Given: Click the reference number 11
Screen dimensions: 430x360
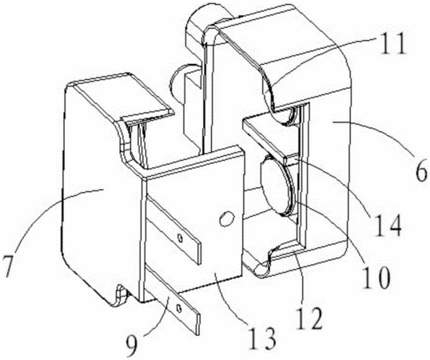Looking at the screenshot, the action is click(x=392, y=44).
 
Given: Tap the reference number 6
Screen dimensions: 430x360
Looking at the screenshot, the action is click(x=421, y=172).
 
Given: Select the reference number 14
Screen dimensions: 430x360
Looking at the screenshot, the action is click(x=388, y=226).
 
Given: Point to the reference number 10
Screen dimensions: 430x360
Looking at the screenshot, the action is click(x=376, y=277).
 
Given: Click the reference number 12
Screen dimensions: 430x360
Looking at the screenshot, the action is click(x=309, y=318).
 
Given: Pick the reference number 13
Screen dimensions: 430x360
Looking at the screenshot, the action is click(x=261, y=338).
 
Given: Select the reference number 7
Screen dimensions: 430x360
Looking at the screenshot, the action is click(x=7, y=266).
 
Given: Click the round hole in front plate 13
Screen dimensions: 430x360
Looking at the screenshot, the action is click(x=227, y=219).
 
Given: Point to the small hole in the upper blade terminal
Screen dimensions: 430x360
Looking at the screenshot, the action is click(x=180, y=238).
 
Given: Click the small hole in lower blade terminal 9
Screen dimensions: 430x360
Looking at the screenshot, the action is click(x=178, y=309).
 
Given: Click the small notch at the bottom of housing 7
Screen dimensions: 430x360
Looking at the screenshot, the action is click(x=120, y=294).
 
